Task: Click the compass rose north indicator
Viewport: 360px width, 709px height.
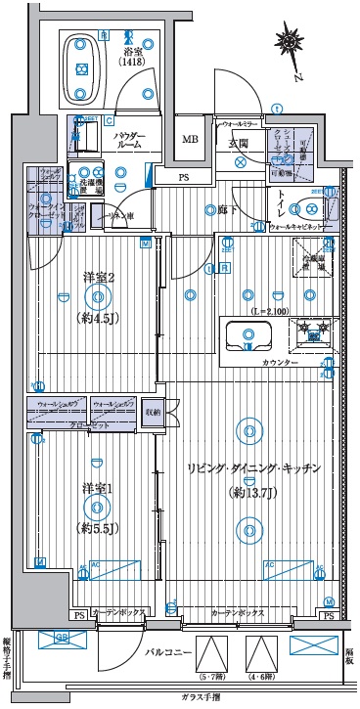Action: pyautogui.click(x=290, y=42)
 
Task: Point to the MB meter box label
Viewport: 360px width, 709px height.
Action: pyautogui.click(x=189, y=138)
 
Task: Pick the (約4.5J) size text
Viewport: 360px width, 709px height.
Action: pyautogui.click(x=97, y=319)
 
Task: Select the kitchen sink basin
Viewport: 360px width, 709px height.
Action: pyautogui.click(x=246, y=337)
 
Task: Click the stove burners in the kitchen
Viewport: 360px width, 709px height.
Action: pyautogui.click(x=312, y=334)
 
